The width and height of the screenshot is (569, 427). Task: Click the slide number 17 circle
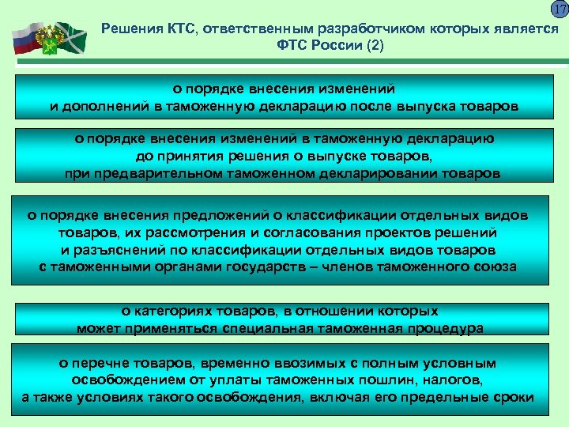(560, 10)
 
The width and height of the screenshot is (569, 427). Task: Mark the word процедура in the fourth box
(443, 327)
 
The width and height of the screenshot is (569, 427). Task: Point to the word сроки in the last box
(514, 397)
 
